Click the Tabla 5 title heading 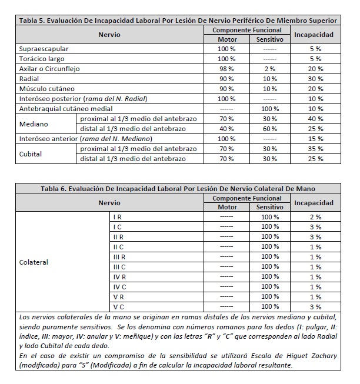[x=178, y=20]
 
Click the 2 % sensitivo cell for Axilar [x=270, y=69]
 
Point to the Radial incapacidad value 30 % [x=315, y=79]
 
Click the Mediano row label [x=34, y=124]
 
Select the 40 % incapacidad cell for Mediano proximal [x=315, y=119]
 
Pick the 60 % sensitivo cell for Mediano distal [x=270, y=129]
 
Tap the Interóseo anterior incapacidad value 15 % [x=315, y=139]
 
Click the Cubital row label [x=31, y=154]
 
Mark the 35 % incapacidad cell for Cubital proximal [x=315, y=149]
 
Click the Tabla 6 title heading [x=178, y=189]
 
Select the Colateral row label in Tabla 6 [x=34, y=262]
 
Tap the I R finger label [x=118, y=217]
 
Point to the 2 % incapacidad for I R [x=315, y=217]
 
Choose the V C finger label [x=118, y=307]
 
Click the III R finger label [x=118, y=257]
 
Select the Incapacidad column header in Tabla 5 [x=315, y=35]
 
